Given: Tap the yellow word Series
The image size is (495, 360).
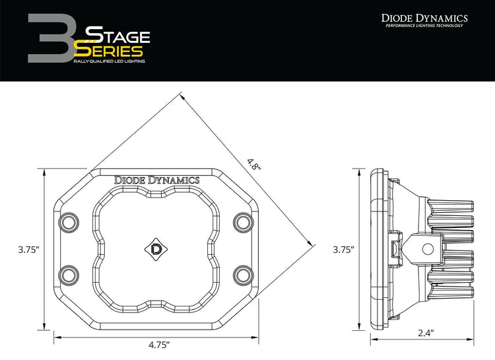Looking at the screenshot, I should [109, 50].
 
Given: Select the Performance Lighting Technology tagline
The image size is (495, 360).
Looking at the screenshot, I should [425, 26].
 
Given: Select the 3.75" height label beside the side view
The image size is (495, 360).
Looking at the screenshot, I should [344, 250].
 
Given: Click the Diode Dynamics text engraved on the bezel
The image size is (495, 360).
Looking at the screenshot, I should [157, 179].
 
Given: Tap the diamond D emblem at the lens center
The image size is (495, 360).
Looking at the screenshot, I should [157, 249].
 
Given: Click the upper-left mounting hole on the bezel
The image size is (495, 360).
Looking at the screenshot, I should [69, 221].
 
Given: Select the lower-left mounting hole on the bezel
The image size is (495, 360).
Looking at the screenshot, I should [69, 273].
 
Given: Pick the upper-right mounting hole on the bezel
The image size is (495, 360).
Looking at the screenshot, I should [244, 221].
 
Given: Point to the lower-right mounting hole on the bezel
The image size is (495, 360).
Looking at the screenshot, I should [244, 273].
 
